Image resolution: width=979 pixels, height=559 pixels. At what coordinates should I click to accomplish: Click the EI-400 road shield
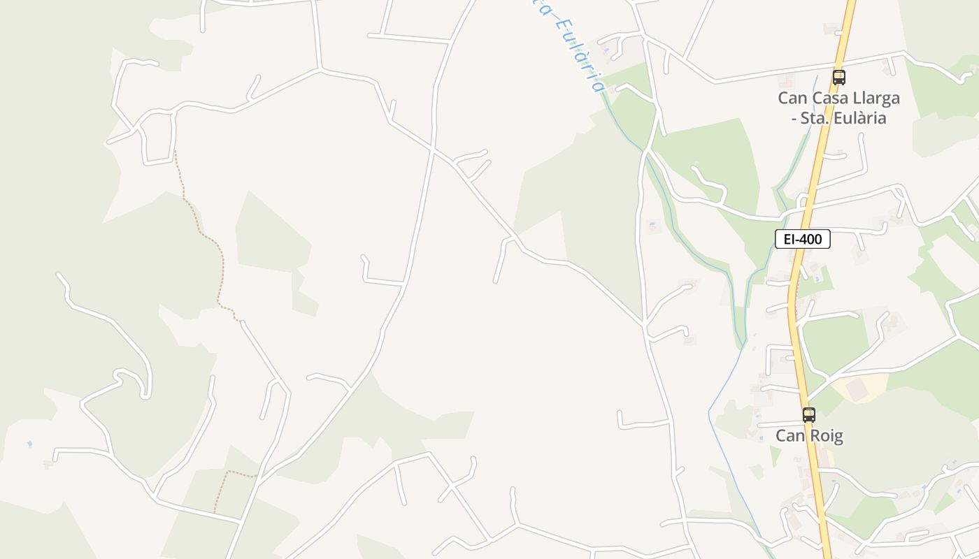[802, 239]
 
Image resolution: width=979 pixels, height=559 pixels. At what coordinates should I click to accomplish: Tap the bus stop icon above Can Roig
[809, 414]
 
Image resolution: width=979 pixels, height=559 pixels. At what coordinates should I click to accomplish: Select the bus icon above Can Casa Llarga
[838, 77]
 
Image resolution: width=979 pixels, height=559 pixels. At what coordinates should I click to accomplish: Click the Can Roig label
[809, 436]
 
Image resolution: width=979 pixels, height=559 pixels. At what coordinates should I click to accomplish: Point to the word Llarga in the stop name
[876, 98]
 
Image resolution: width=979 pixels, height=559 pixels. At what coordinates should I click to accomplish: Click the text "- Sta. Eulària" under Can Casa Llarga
[838, 117]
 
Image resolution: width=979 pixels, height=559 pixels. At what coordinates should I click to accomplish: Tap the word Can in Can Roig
[789, 436]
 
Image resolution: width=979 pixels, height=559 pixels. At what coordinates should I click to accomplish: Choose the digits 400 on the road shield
[811, 239]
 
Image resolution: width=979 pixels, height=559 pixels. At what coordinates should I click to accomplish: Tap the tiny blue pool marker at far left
[29, 444]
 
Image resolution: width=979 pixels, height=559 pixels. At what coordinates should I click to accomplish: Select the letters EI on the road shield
[789, 239]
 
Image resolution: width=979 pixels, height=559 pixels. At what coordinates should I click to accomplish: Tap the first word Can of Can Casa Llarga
[791, 98]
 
